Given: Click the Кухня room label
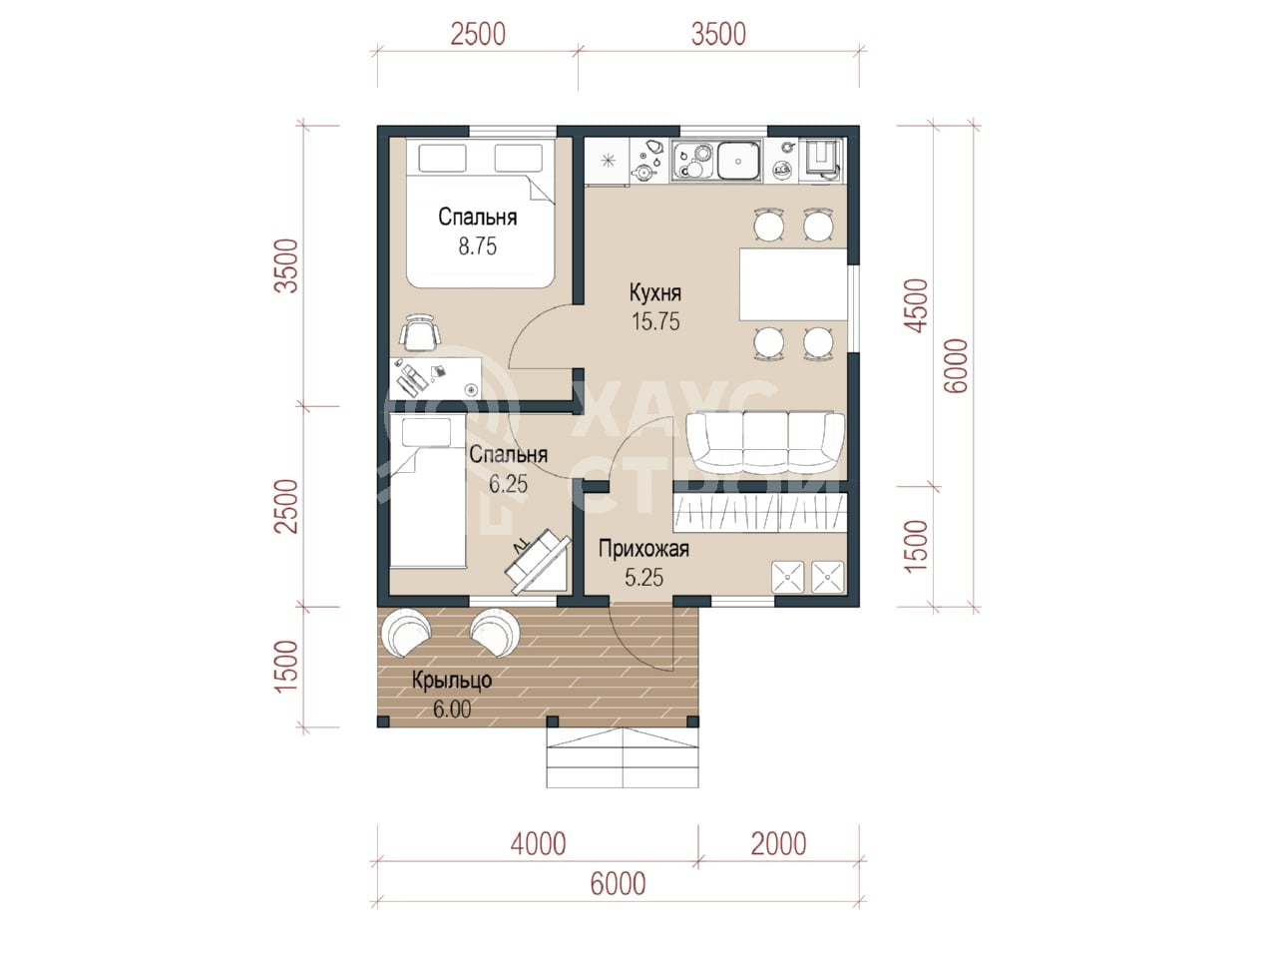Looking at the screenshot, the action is coord(655,293).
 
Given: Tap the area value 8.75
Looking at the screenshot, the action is coord(477,246).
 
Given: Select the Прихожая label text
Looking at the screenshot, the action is coord(643,549).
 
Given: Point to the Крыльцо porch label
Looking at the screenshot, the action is coord(452,681).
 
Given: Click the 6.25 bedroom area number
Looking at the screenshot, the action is coord(508,484).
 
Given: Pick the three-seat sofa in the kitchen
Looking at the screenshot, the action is coord(764,443).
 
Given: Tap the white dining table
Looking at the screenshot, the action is coord(793,284).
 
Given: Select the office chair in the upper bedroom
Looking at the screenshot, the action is coord(419,332).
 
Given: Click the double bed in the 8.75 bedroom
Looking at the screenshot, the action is coord(481,213).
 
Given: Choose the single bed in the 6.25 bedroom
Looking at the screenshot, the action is coord(428,491).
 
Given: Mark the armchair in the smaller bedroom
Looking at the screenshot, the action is coord(536,561).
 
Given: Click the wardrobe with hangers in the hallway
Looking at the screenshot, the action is coord(760,513).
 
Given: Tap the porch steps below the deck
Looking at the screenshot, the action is coord(623,757).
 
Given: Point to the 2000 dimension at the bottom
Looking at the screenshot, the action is coord(778,844).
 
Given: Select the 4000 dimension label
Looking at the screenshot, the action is coord(538,844).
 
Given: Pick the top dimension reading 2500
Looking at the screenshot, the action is coord(478,35).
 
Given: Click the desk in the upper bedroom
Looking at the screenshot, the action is coord(435,378).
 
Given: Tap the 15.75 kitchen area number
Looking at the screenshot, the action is coord(655,321).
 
